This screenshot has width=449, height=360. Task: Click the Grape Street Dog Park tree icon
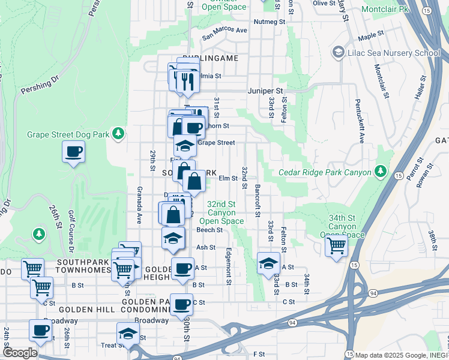coord(119,133)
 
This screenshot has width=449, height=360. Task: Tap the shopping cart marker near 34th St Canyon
coord(336,245)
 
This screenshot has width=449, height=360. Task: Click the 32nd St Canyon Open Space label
coord(226,212)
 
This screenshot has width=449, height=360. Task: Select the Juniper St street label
coord(265,91)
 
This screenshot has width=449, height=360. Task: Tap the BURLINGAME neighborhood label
coord(211,58)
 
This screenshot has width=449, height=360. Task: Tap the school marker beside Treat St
coord(128,334)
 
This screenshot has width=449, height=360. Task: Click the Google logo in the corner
coord(19,353)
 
